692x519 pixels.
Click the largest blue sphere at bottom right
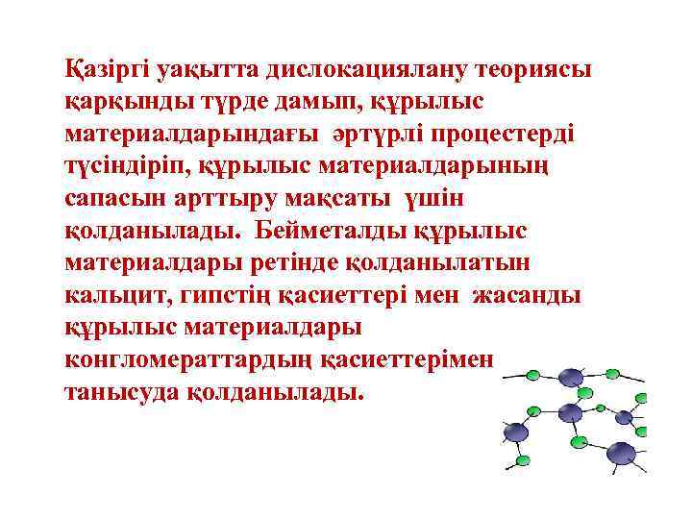tap(621, 453)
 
